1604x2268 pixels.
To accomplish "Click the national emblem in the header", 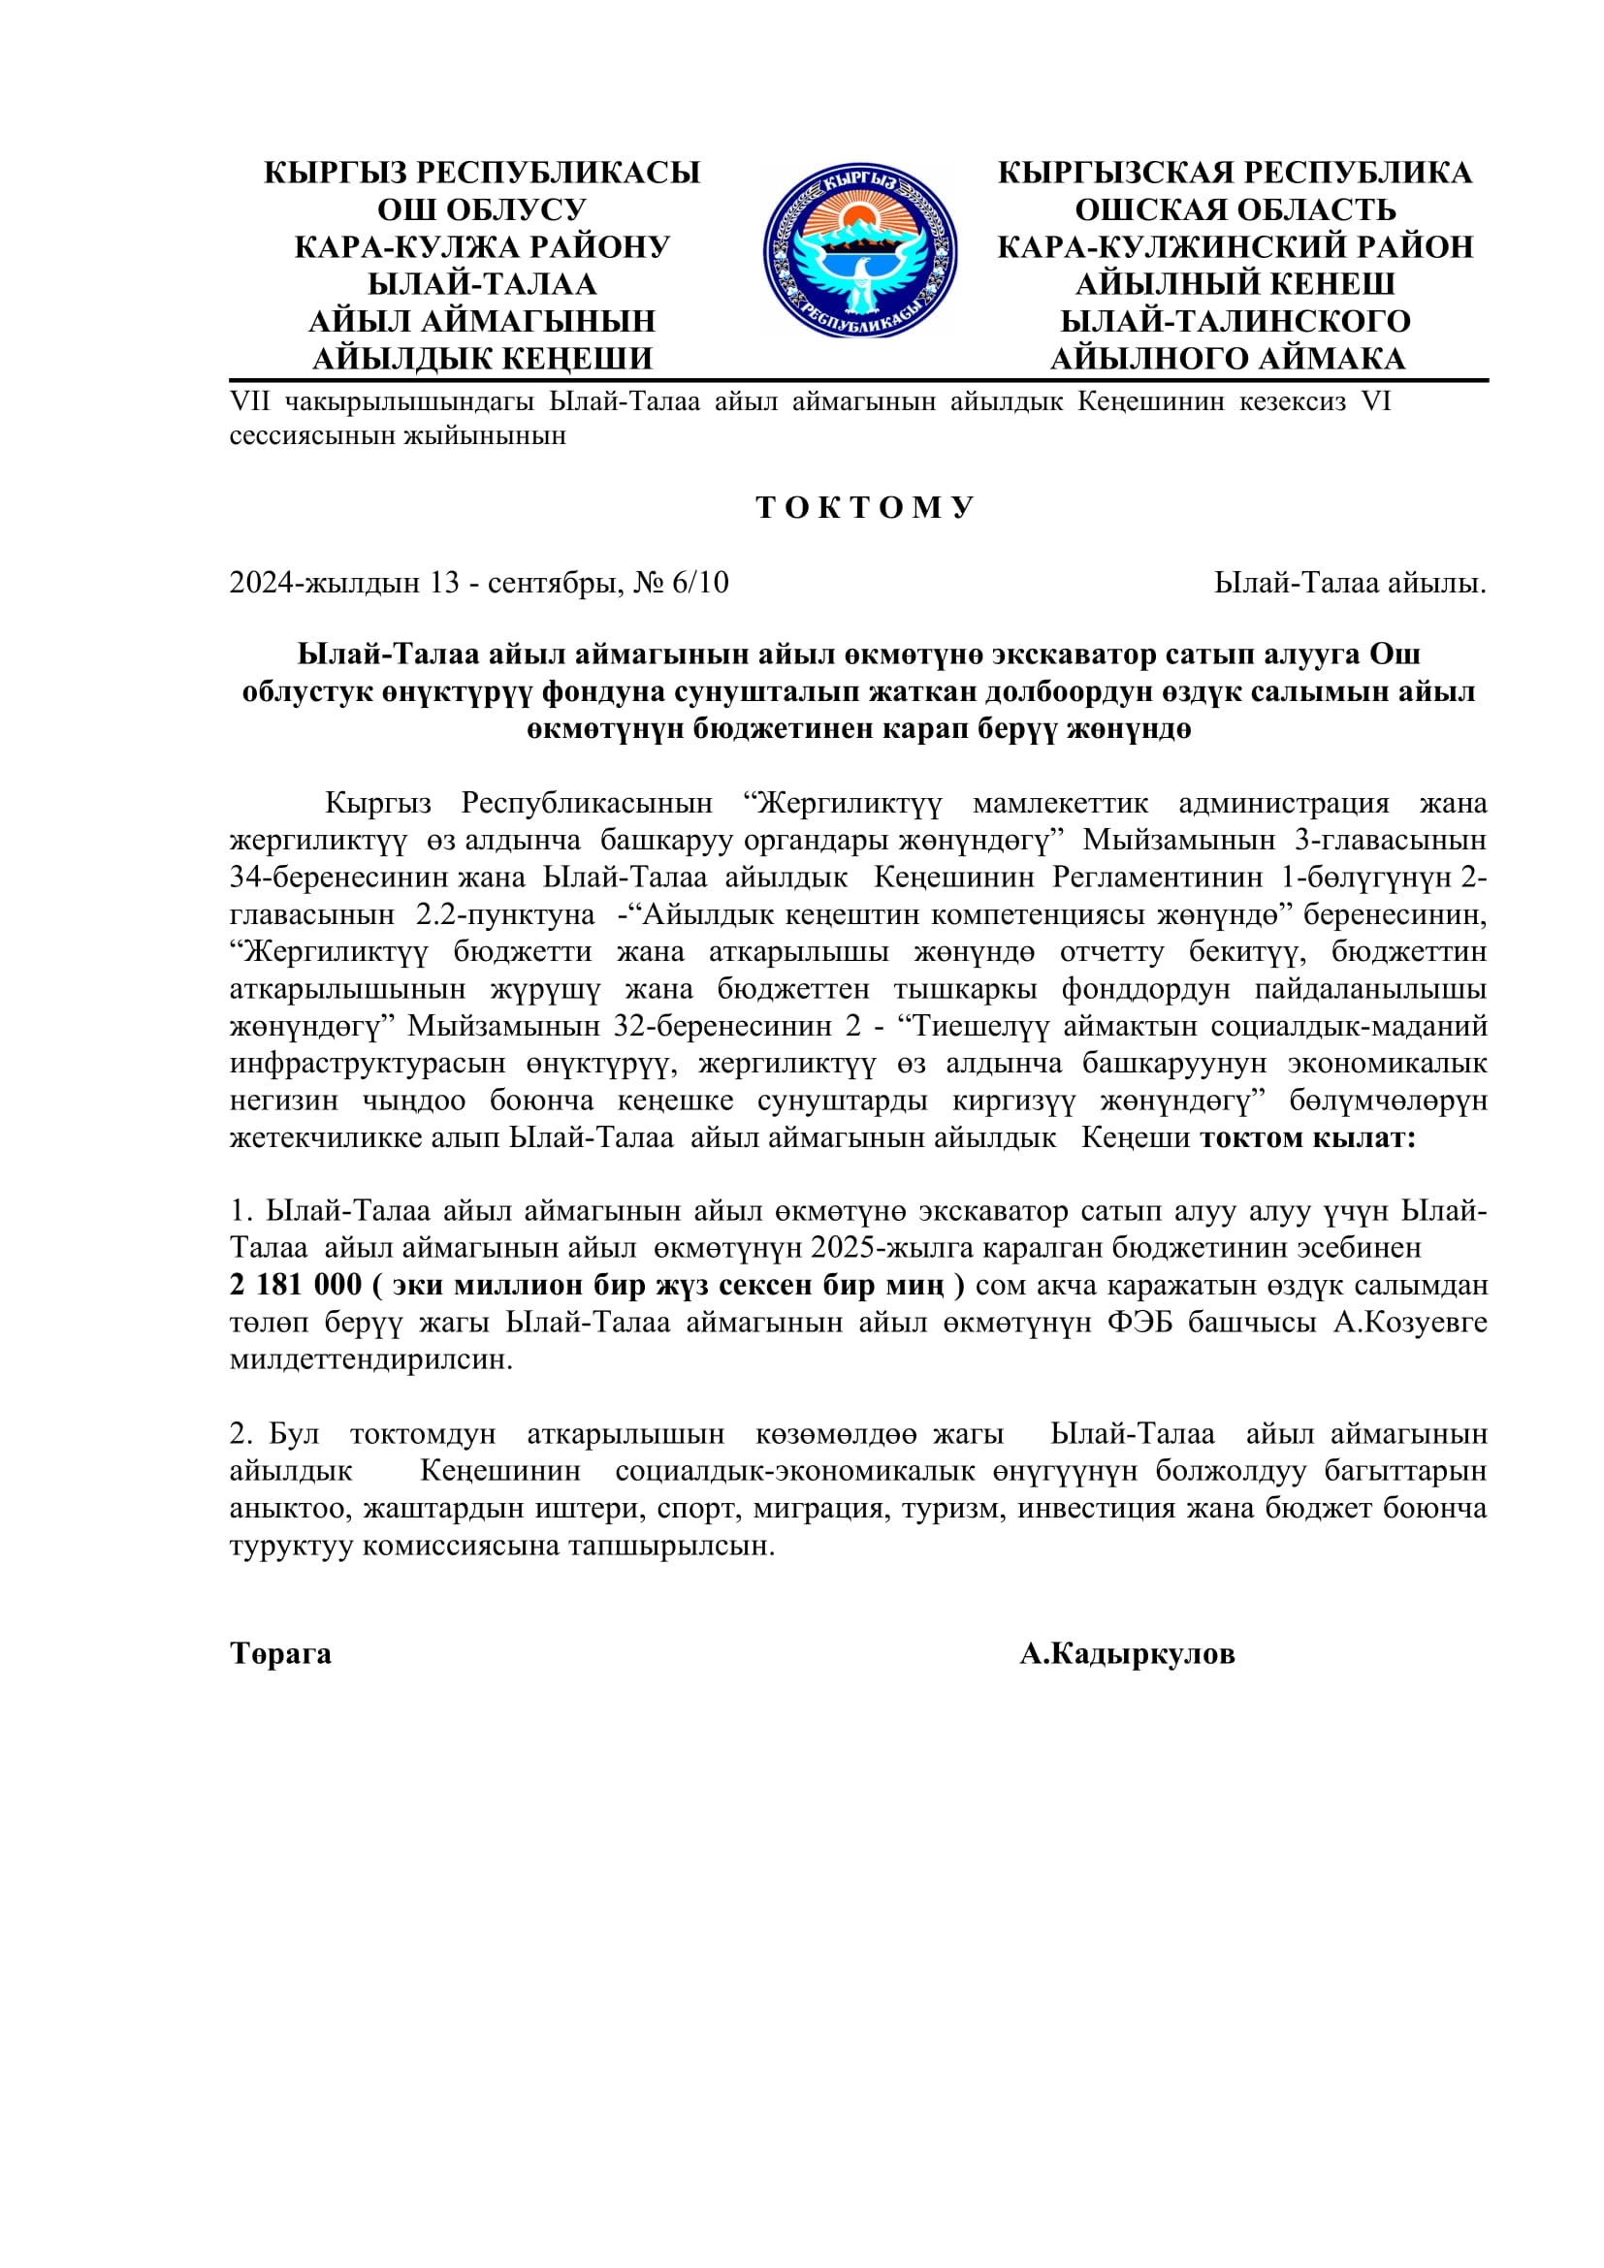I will (859, 251).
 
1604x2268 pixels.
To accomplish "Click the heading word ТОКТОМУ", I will (865, 508).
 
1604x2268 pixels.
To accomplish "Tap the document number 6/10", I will (700, 583).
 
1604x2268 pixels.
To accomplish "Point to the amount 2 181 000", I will (296, 1285).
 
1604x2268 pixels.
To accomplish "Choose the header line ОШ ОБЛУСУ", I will (482, 209).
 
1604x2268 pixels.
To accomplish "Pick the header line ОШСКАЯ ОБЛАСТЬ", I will (1235, 209).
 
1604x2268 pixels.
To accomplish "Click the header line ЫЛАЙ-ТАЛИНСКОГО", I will (1235, 321).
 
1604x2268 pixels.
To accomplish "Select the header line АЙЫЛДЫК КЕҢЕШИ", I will (482, 359).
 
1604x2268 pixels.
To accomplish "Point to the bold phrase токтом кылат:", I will (1307, 1138).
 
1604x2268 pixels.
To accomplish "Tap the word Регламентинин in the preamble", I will (1157, 878).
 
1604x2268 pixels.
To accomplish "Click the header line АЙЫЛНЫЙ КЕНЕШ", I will (1235, 284).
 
